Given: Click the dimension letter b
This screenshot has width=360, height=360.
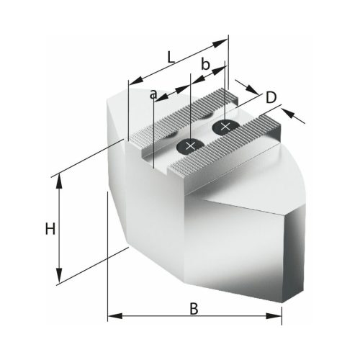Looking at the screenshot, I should point(205,66).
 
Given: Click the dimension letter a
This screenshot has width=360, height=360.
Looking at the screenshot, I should point(153,94).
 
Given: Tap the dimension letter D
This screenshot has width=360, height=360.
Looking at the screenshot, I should point(271,97).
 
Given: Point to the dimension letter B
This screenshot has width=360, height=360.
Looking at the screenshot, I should point(193,308).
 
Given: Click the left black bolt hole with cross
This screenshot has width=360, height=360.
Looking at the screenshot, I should point(189,146).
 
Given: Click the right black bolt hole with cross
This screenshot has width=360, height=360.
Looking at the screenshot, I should point(225,127).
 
